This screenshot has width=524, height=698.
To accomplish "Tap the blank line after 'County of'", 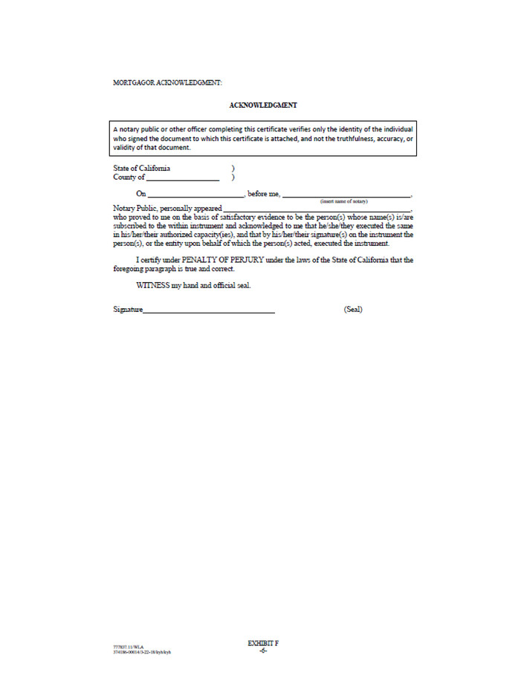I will pyautogui.click(x=183, y=178).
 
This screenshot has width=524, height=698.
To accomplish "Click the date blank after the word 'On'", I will pyautogui.click(x=195, y=195).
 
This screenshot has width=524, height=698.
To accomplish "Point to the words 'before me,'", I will pyautogui.click(x=263, y=194).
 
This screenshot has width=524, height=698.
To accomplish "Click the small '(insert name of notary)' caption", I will pyautogui.click(x=343, y=201).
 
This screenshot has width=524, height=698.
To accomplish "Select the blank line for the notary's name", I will pyautogui.click(x=346, y=195).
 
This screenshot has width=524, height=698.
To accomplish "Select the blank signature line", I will pyautogui.click(x=209, y=310).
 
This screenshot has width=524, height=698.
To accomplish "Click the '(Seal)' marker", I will pyautogui.click(x=353, y=309).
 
